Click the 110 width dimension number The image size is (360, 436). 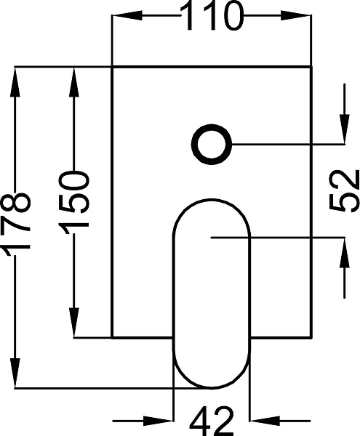pyautogui.click(x=212, y=15)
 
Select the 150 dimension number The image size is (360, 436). pyautogui.click(x=74, y=199)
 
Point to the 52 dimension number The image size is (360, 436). pyautogui.click(x=343, y=191)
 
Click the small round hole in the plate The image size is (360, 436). pyautogui.click(x=212, y=145)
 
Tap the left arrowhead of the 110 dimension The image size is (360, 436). pyautogui.click(x=127, y=15)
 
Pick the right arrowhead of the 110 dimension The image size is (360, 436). pyautogui.click(x=296, y=15)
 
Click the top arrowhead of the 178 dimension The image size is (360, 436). pyautogui.click(x=15, y=81)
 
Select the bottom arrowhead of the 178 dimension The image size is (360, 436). pyautogui.click(x=15, y=373)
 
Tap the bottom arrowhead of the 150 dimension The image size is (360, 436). pyautogui.click(x=74, y=323)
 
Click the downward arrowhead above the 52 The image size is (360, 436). pyautogui.click(x=345, y=129)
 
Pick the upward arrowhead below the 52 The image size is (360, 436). pyautogui.click(x=345, y=252)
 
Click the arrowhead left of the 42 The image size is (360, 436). pyautogui.click(x=159, y=421)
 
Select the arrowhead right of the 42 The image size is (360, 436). pyautogui.click(x=265, y=421)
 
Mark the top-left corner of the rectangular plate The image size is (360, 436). pyautogui.click(x=112, y=67)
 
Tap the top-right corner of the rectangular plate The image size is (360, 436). pyautogui.click(x=311, y=67)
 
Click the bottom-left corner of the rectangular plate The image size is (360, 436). pyautogui.click(x=112, y=338)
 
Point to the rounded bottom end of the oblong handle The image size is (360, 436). pyautogui.click(x=212, y=387)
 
